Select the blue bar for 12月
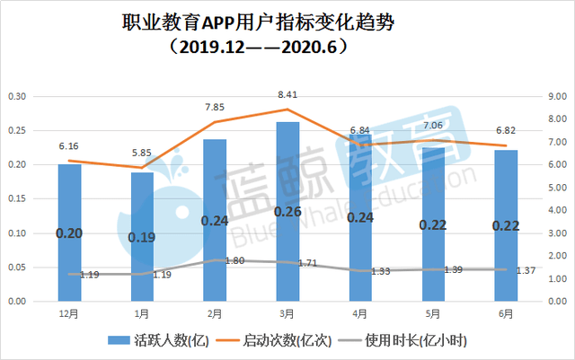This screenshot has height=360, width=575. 69,233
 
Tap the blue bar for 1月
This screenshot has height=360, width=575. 142,236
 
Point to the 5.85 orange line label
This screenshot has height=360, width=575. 142,152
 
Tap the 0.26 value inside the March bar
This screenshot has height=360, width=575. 287,212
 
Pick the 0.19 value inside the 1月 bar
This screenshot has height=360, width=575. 142,238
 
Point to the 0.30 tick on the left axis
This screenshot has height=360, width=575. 17,96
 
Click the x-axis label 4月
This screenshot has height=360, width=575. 359,314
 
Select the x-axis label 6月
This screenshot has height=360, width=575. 505,314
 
